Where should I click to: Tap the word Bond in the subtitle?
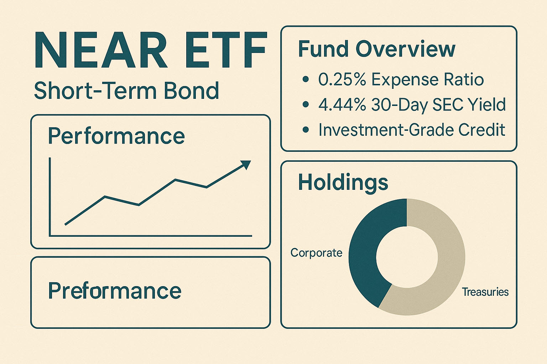click(191, 91)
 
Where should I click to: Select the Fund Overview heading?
click(376, 49)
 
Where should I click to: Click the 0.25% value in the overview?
click(342, 80)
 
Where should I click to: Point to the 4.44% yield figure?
click(342, 105)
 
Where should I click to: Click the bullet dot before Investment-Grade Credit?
click(305, 130)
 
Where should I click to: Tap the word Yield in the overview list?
click(486, 105)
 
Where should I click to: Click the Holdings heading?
click(343, 182)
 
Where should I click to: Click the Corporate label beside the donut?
click(316, 253)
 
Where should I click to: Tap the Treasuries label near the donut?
click(485, 292)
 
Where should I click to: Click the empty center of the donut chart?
click(407, 257)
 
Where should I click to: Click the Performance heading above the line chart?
click(116, 136)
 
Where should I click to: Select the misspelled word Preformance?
click(115, 291)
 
